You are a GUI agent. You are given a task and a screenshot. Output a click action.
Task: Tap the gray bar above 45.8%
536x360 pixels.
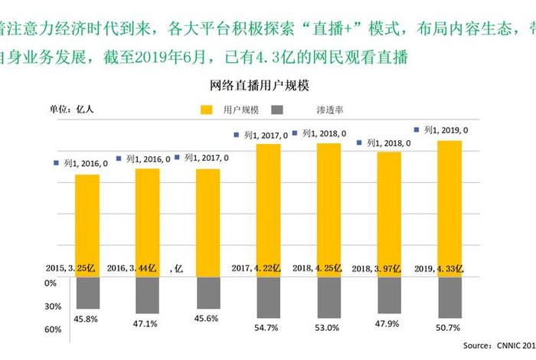pos(87,293)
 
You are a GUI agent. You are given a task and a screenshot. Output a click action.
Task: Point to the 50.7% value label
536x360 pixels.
pos(449,327)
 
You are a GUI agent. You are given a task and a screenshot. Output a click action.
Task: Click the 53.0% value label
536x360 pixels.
pos(328,327)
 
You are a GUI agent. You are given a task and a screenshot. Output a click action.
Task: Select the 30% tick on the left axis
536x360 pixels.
pos(51,306)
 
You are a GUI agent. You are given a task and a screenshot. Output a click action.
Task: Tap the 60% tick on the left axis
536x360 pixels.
pos(51,330)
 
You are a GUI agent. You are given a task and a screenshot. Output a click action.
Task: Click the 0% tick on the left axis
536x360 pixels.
pos(51,283)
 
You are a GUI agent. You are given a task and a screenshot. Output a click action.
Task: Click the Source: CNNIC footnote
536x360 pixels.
pos(498,345)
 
